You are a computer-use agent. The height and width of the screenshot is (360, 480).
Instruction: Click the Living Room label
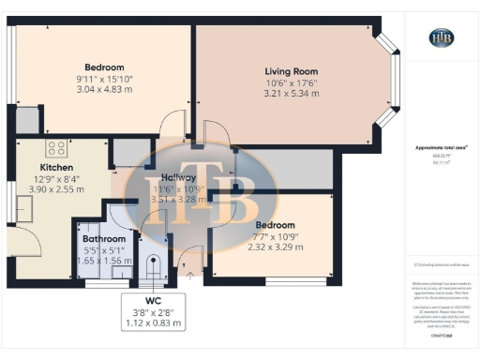coord(292,71)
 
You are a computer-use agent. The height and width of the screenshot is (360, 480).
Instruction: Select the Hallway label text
coord(178,177)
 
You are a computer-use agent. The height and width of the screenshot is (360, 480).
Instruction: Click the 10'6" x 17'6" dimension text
coord(292,82)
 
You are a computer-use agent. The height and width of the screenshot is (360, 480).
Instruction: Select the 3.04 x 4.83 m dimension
coord(105,91)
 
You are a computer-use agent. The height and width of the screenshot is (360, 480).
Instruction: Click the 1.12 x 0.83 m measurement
coord(152,323)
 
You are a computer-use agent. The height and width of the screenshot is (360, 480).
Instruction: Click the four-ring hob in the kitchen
coord(55,147)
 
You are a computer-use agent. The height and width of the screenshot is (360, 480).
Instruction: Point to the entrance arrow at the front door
coord(189,275)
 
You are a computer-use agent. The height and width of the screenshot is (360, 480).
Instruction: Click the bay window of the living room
coord(387,82)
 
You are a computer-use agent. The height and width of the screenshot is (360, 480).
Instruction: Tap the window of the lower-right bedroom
coord(295,279)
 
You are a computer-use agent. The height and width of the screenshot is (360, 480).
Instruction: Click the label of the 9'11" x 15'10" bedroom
coord(104,67)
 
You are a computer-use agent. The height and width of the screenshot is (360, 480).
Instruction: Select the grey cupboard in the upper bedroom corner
coord(27,120)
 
